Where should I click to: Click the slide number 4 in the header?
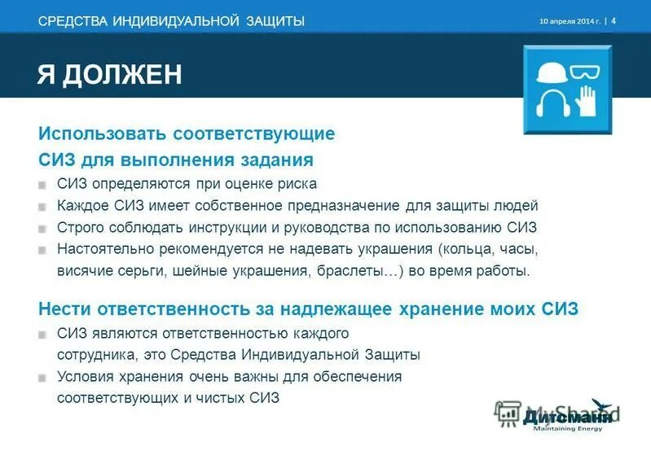[x=614, y=20]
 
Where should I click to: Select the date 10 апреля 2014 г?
[x=570, y=21]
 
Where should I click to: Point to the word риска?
[x=297, y=184]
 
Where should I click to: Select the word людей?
[x=517, y=206]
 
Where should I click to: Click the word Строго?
[x=80, y=228]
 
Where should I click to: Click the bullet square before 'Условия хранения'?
[x=42, y=378]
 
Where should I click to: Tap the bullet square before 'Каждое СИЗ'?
[x=42, y=207]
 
